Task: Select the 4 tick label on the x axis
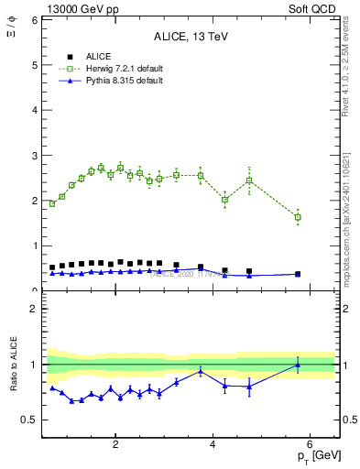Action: click(213, 444)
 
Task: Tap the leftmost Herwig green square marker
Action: click(52, 203)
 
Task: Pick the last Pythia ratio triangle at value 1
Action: click(298, 365)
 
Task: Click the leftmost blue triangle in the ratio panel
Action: click(52, 388)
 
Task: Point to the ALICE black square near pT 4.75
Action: click(249, 271)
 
